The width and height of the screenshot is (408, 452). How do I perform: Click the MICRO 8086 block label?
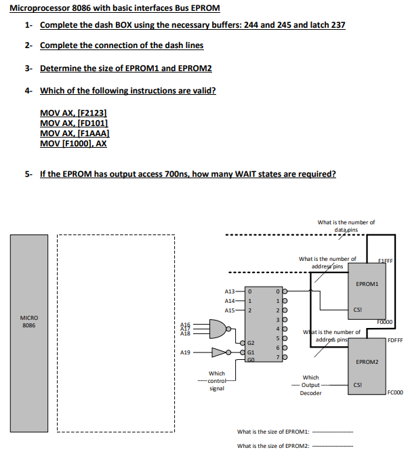tap(28, 321)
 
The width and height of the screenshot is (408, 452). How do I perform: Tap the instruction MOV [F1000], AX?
tap(73, 143)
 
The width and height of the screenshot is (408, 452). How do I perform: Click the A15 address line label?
tap(229, 310)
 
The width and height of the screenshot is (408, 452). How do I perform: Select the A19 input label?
tap(186, 352)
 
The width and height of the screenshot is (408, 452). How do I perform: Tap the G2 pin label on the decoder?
tap(251, 344)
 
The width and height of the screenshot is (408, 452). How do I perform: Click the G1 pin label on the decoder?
tap(251, 352)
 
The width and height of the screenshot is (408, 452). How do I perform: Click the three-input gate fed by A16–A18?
tap(219, 329)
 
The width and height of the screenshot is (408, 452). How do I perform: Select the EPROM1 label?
tap(366, 283)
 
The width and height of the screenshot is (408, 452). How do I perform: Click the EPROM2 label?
tap(366, 363)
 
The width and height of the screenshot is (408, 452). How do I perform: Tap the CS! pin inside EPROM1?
tap(356, 309)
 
